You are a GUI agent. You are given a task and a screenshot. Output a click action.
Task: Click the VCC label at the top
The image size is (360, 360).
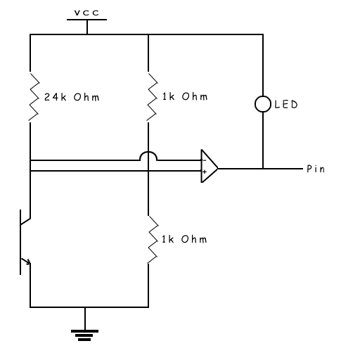(86, 13)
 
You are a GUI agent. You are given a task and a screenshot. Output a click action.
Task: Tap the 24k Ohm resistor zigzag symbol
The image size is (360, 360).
(34, 97)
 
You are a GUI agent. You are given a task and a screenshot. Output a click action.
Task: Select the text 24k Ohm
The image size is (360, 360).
(72, 97)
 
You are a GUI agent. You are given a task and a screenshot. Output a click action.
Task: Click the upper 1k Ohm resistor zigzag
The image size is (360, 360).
(153, 97)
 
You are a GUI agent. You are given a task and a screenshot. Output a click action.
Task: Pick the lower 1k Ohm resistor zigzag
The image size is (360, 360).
(153, 239)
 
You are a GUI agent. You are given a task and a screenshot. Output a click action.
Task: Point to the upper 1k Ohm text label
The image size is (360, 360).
(185, 96)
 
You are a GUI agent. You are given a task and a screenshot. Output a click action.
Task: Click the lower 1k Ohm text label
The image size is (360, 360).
(184, 239)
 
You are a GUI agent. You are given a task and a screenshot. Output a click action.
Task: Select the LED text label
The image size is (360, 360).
(286, 104)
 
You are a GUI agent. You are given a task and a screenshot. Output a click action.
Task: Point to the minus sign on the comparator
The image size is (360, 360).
(205, 160)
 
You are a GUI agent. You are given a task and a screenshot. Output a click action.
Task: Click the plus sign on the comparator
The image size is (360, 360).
(205, 172)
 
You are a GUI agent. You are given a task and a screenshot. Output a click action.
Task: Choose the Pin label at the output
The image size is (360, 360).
(316, 169)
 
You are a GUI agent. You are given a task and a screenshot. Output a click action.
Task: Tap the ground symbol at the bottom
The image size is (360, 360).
(84, 335)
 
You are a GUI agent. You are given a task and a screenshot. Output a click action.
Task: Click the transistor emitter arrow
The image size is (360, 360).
(26, 261)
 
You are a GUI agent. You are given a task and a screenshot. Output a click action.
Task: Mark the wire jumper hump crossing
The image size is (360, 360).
(148, 152)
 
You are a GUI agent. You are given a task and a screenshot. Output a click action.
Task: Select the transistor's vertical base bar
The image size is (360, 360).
(20, 242)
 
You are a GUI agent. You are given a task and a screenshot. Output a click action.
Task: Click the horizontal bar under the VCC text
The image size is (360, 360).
(86, 20)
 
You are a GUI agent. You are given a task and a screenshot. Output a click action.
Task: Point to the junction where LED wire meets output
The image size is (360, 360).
(263, 169)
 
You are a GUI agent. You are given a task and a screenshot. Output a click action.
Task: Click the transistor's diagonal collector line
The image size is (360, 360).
(25, 221)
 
